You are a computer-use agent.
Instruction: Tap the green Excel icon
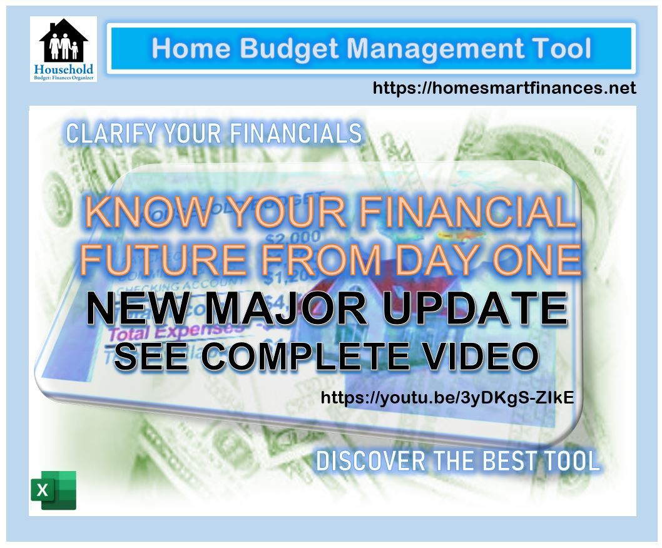point(53,490)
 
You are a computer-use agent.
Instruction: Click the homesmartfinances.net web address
point(504,88)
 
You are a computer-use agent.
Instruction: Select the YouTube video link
point(447,398)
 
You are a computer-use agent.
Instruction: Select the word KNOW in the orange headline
point(143,213)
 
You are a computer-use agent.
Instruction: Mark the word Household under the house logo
point(63,69)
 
